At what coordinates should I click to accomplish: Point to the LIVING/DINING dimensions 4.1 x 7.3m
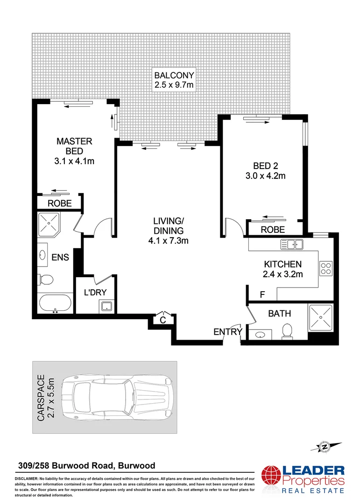(169, 241)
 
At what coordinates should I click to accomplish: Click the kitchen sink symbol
(292, 244)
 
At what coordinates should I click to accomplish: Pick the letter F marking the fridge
(262, 294)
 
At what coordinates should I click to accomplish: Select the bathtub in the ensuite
(55, 304)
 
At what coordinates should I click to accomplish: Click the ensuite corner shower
(48, 224)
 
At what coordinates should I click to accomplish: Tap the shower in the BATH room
(320, 318)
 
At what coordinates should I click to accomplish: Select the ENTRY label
(228, 332)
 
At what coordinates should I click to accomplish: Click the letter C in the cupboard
(163, 320)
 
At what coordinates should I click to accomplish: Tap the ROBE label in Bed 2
(273, 230)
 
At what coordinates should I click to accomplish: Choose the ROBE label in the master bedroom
(60, 203)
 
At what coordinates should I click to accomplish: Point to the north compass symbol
(323, 447)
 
